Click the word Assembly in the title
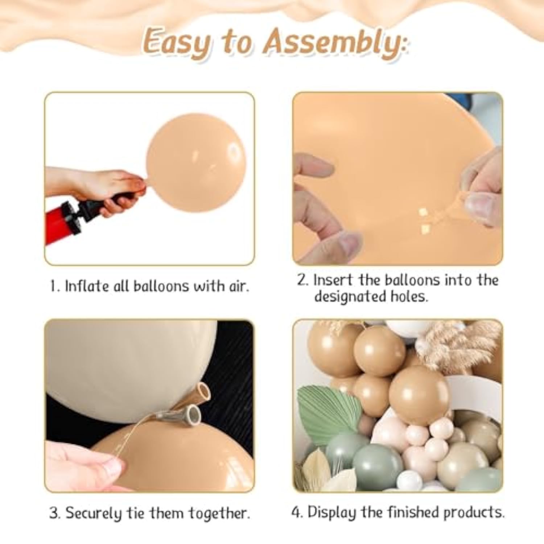(x=334, y=44)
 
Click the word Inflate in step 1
(x=87, y=286)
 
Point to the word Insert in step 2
(x=333, y=280)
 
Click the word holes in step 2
(x=409, y=296)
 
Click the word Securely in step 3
(x=94, y=514)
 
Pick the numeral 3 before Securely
(x=54, y=513)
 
